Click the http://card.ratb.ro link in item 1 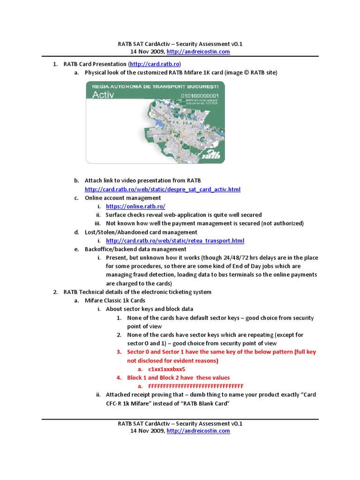(155, 64)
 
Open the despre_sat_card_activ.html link (162, 189)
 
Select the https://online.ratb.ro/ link (135, 206)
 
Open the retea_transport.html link (175, 240)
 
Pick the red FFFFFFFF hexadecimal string (195, 386)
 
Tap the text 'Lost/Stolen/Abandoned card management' (141, 232)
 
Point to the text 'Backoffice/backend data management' (135, 249)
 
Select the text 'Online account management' (123, 198)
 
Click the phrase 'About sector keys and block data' (149, 309)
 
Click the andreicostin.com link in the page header (198, 52)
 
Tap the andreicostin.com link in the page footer (198, 431)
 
